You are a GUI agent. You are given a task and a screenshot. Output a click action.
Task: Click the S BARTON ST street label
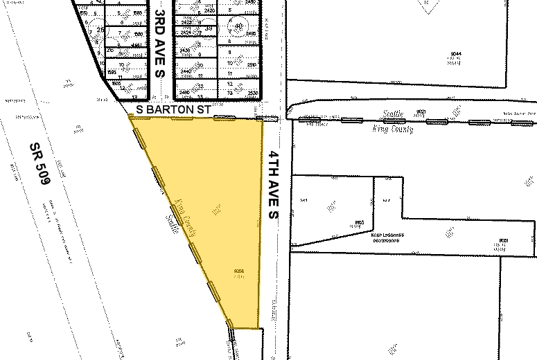173,109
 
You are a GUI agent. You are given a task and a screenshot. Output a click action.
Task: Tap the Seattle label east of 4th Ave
393,116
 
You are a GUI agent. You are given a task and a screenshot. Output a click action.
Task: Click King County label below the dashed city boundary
393,129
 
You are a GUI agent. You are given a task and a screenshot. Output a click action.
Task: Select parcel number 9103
359,222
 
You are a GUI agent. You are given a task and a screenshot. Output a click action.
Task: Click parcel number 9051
503,240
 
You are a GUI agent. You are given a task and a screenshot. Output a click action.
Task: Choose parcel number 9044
455,54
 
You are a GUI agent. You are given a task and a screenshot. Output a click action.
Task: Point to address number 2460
185,91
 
